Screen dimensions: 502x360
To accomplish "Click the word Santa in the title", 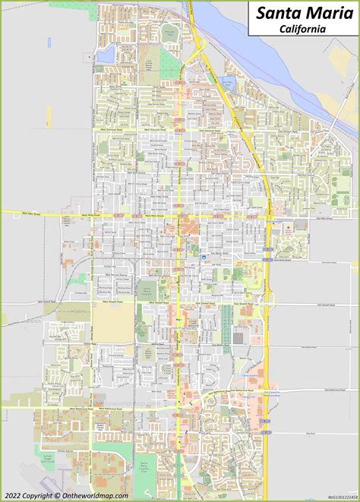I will coord(276,14).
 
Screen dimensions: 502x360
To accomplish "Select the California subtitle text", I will coord(302,29).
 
